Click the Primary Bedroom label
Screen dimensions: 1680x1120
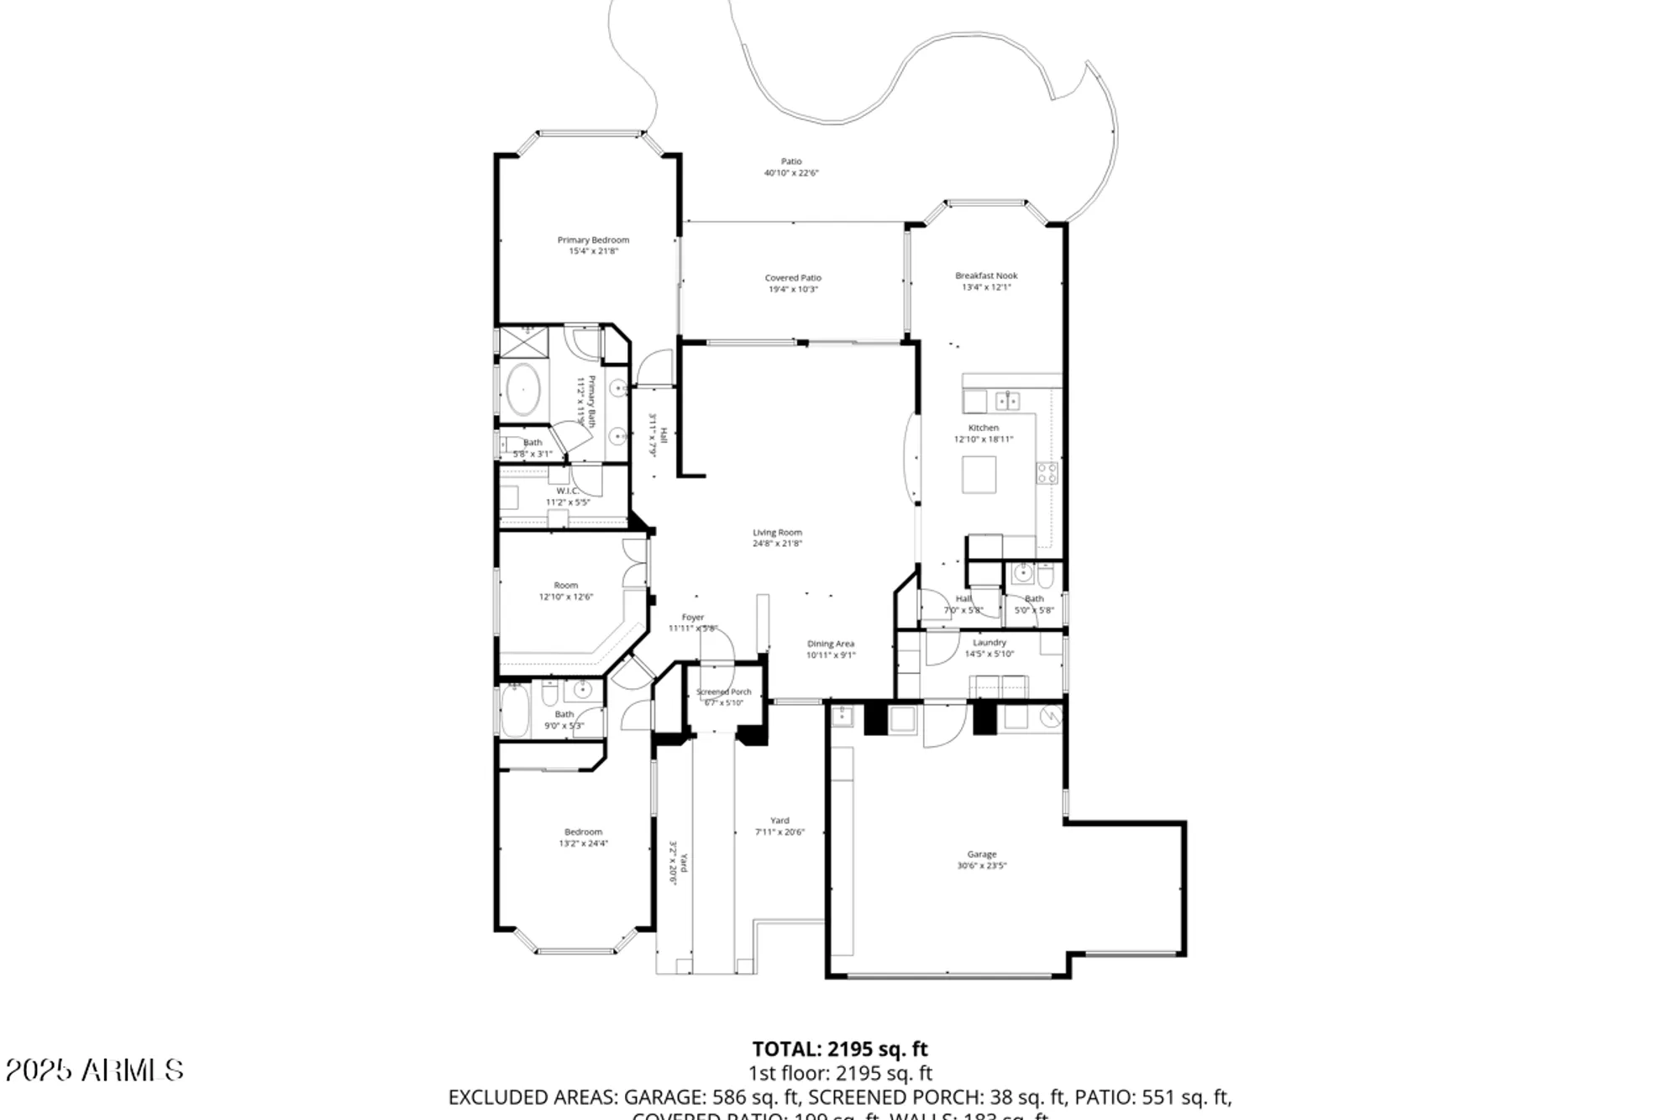pyautogui.click(x=593, y=240)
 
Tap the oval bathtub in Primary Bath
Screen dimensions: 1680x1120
pyautogui.click(x=523, y=389)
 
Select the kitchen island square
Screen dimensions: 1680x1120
pyautogui.click(x=979, y=475)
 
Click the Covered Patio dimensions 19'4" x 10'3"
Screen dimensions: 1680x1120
pyautogui.click(x=792, y=289)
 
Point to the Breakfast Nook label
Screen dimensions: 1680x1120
pyautogui.click(x=986, y=276)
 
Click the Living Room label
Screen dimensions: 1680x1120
pyautogui.click(x=777, y=533)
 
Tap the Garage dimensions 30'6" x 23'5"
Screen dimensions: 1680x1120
pyautogui.click(x=981, y=865)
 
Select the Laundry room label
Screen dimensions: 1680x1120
pyautogui.click(x=990, y=643)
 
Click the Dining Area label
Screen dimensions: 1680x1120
pyautogui.click(x=830, y=644)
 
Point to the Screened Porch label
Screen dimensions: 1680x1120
pyautogui.click(x=723, y=692)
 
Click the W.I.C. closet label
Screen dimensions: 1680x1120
pyautogui.click(x=567, y=492)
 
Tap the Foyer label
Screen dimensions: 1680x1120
pyautogui.click(x=692, y=618)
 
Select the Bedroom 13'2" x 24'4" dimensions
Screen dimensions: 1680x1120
pyautogui.click(x=583, y=844)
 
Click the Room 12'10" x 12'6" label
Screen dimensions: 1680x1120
pyautogui.click(x=565, y=586)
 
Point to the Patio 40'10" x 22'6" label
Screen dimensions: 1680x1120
pyautogui.click(x=791, y=161)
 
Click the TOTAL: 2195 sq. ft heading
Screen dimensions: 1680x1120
pyautogui.click(x=839, y=1049)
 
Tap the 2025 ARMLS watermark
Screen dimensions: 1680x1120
pyautogui.click(x=94, y=1070)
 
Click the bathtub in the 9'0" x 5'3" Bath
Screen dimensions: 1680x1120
pyautogui.click(x=513, y=712)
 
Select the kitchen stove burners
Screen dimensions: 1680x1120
pyautogui.click(x=1047, y=473)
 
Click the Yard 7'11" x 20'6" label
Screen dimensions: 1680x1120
pyautogui.click(x=780, y=821)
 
